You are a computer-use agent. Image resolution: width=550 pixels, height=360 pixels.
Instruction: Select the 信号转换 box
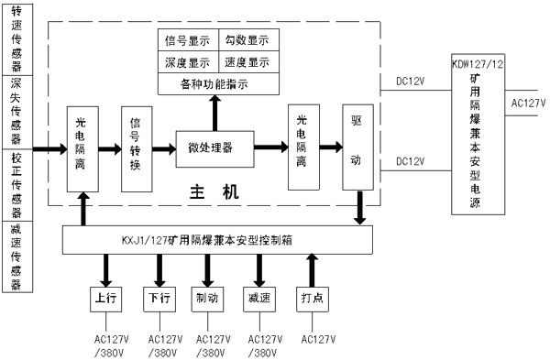pyautogui.click(x=137, y=147)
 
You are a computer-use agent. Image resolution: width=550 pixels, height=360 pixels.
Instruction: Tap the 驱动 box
pyautogui.click(x=357, y=147)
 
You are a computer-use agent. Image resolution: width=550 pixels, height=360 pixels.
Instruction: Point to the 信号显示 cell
pyautogui.click(x=187, y=41)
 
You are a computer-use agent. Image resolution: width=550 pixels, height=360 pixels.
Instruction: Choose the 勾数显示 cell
pyautogui.click(x=247, y=41)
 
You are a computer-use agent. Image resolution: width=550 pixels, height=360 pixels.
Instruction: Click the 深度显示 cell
pyautogui.click(x=187, y=62)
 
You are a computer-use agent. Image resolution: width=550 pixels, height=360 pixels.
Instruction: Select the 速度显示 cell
pyautogui.click(x=247, y=62)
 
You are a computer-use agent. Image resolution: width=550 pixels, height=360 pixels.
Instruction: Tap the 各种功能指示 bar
pyautogui.click(x=216, y=84)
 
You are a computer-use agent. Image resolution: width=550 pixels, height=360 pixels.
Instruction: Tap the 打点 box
pyautogui.click(x=313, y=299)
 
